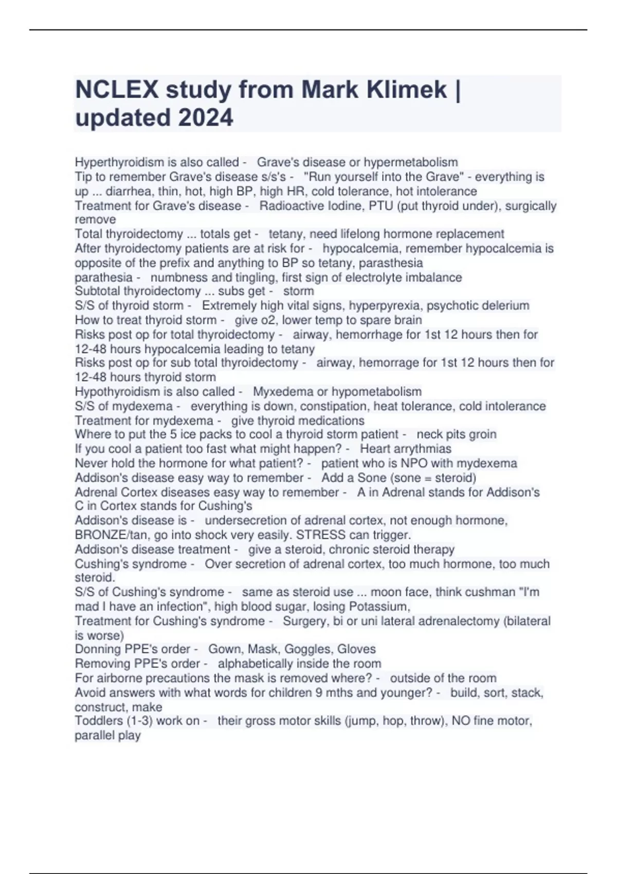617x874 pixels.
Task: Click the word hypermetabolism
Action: point(410,162)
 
